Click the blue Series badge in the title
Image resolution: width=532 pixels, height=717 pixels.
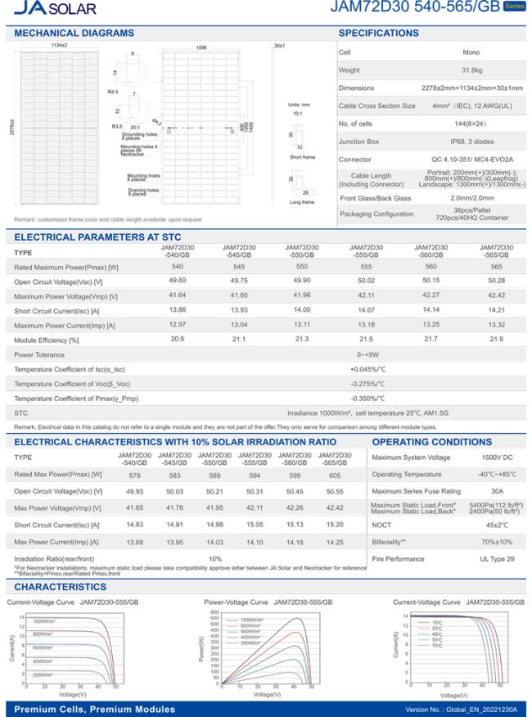point(513,7)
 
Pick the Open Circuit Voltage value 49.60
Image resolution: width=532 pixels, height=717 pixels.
point(177,281)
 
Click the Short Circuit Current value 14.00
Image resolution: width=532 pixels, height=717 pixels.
point(303,310)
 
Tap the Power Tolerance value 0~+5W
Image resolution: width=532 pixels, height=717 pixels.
point(366,354)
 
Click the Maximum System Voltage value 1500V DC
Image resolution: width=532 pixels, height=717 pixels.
point(476,457)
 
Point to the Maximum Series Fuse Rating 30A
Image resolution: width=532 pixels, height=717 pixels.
point(476,491)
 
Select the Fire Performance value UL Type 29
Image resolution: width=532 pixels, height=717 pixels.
point(476,558)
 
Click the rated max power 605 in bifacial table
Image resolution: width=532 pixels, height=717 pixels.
point(334,475)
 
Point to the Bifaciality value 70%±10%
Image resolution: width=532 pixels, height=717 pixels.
point(476,542)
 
